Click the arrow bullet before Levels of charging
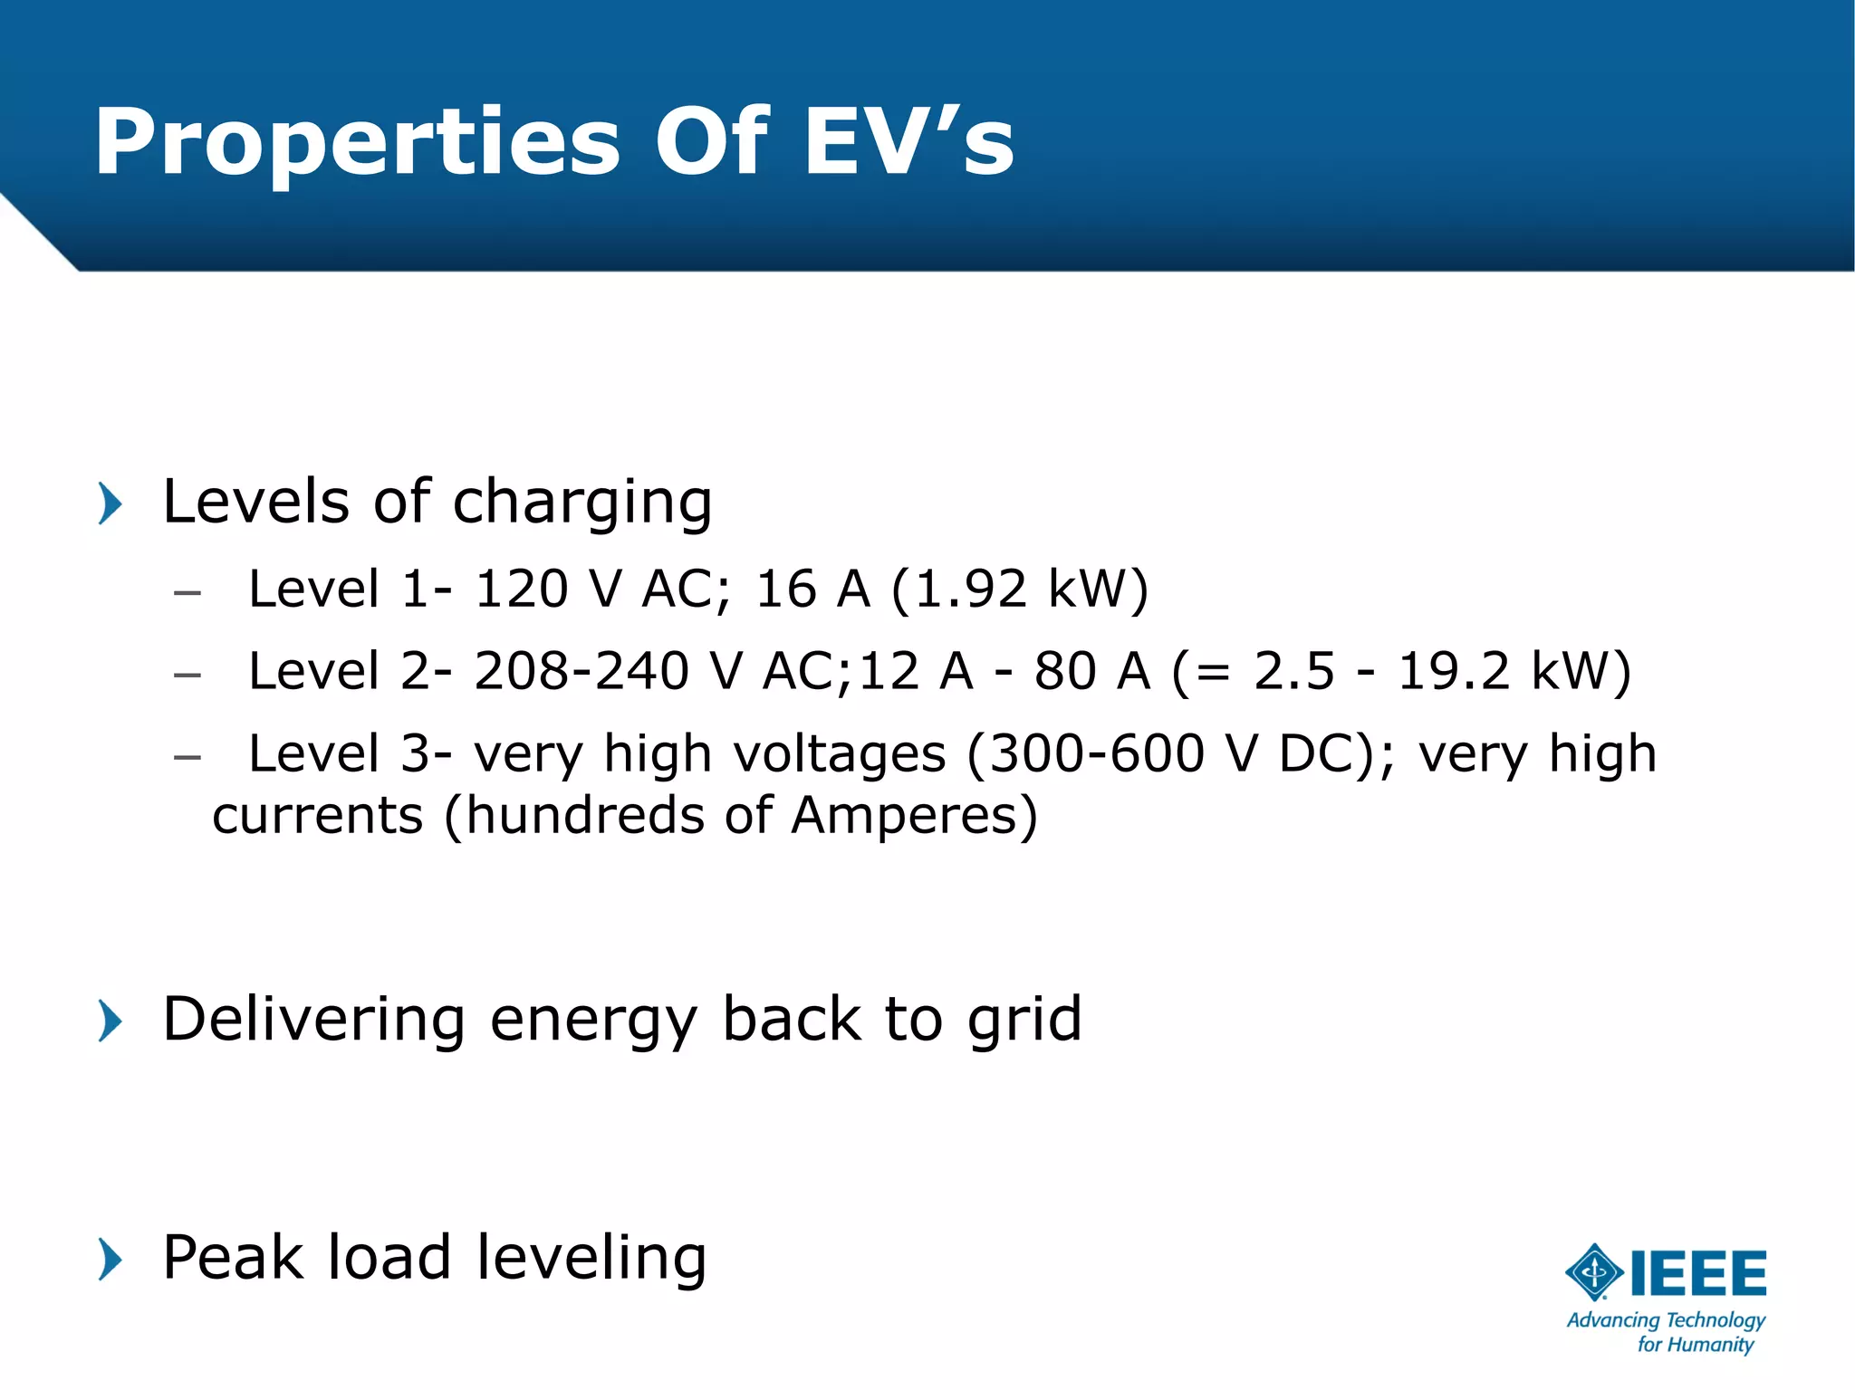(x=110, y=503)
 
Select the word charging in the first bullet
(x=582, y=503)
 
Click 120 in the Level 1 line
(x=521, y=590)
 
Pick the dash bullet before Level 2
(x=187, y=676)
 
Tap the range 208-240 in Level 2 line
(x=581, y=672)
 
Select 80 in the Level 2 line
(x=1065, y=672)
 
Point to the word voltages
(x=839, y=754)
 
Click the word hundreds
(x=585, y=815)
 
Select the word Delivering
(x=313, y=1020)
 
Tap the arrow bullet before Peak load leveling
(x=110, y=1260)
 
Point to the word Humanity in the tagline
(x=1708, y=1345)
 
